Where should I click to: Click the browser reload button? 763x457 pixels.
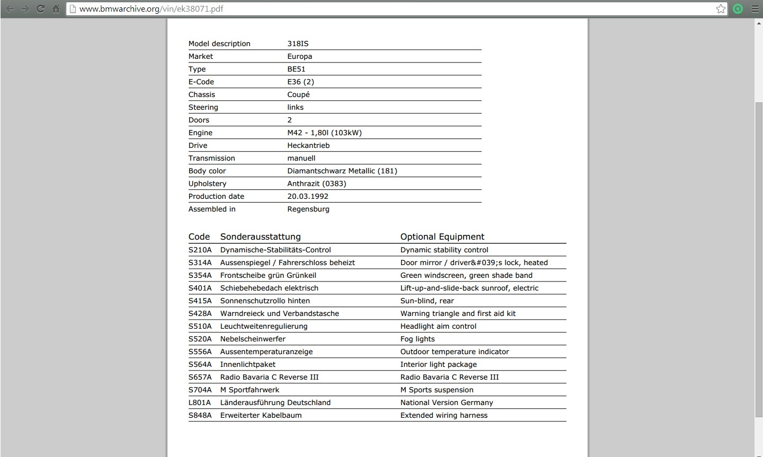click(40, 8)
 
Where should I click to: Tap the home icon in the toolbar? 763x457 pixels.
click(56, 8)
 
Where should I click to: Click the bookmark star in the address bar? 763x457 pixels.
click(721, 8)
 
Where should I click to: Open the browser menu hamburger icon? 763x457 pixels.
click(755, 8)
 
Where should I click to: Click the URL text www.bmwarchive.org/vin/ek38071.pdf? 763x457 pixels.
click(151, 8)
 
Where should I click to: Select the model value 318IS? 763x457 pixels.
click(298, 43)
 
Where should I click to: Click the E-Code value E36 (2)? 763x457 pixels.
click(300, 82)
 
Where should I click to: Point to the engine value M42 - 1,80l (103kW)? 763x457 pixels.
click(324, 133)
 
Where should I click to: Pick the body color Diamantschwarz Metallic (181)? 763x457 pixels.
click(342, 171)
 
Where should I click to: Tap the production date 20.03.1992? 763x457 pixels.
click(308, 196)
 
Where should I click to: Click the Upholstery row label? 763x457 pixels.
click(207, 183)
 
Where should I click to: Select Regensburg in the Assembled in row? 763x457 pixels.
click(308, 209)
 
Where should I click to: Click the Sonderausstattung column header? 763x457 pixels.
click(260, 236)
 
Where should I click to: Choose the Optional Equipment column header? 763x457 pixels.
click(442, 236)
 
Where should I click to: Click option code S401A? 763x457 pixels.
click(200, 288)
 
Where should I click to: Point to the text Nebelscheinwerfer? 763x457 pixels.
click(253, 339)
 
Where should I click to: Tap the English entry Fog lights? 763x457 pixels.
click(418, 339)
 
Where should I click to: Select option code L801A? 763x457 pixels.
click(200, 402)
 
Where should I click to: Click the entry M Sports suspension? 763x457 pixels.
click(437, 390)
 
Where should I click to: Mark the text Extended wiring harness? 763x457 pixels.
click(443, 415)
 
